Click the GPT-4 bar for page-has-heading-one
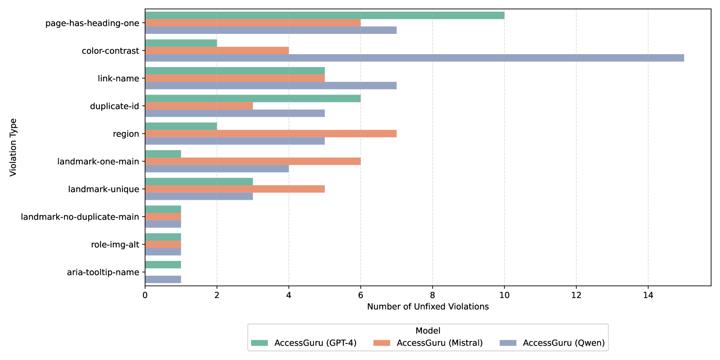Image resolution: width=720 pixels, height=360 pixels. point(324,15)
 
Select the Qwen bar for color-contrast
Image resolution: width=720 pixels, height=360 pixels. point(414,58)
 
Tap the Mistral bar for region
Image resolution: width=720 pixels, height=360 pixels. point(271,133)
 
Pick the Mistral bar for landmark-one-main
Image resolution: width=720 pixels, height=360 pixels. point(252,161)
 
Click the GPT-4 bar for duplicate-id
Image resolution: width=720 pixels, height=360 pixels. point(252,98)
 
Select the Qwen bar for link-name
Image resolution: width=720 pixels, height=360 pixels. point(271,85)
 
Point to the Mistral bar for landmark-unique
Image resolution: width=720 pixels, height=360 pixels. point(235,189)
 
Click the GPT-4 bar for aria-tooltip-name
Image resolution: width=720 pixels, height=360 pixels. point(163,265)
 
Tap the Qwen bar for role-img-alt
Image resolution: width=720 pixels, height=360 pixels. point(163,252)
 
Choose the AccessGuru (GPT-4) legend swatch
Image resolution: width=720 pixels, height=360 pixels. point(259,343)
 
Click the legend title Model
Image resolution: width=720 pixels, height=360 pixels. point(428,331)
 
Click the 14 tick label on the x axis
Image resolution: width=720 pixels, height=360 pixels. point(648,295)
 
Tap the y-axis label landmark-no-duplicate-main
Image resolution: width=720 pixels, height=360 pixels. point(80,217)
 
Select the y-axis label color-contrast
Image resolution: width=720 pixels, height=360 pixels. point(110,51)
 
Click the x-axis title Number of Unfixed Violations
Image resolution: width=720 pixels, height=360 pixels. point(428,307)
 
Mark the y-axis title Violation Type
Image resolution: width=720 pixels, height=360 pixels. point(13,147)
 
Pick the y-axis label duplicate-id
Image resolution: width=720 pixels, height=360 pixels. point(114,106)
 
